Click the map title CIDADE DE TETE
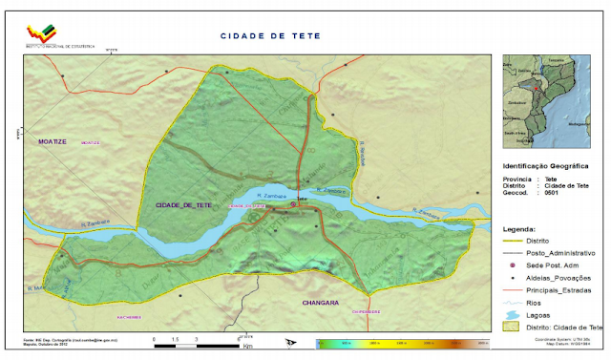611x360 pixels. (270, 35)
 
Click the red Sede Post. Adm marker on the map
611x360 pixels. (293, 203)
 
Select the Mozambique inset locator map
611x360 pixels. (540, 100)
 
